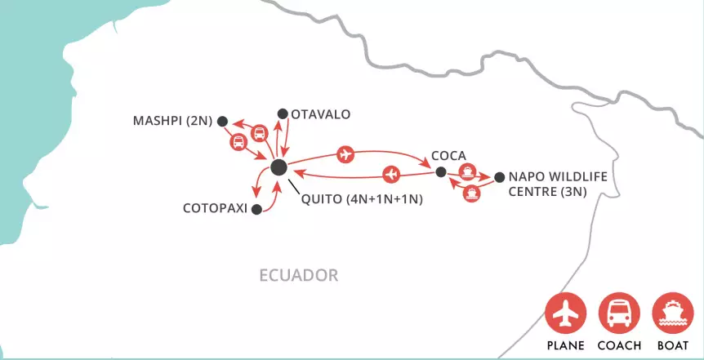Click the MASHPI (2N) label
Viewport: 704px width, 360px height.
172,122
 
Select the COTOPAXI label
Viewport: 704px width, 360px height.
216,208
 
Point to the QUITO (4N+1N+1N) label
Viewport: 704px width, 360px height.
361,198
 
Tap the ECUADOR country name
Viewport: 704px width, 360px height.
298,274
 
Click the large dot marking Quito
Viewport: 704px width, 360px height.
278,167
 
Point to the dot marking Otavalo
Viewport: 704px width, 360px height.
283,113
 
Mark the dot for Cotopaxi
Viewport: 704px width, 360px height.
256,209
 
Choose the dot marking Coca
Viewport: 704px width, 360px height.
440,172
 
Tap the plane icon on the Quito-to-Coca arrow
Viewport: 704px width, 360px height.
346,153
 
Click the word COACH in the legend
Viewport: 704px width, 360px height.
619,345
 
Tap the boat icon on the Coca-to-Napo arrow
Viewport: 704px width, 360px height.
467,171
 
